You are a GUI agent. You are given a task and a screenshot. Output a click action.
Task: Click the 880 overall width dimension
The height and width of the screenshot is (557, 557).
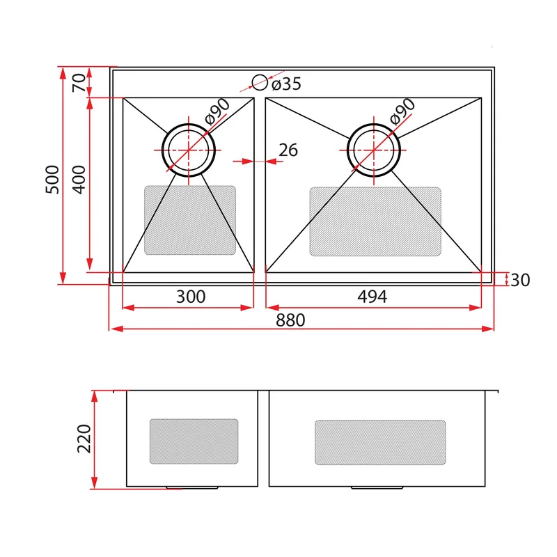coord(290,320)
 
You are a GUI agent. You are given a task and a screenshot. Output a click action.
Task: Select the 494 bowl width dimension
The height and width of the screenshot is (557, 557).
coord(372,297)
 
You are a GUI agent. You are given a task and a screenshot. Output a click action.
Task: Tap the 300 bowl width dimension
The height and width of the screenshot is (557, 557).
coord(191,297)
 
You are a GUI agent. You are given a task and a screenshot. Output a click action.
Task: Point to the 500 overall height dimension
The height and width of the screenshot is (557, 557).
coord(52,180)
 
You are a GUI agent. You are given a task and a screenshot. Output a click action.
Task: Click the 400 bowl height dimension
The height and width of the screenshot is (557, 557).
coord(79,180)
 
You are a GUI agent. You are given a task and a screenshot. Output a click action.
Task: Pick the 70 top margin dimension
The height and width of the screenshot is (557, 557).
coord(79,83)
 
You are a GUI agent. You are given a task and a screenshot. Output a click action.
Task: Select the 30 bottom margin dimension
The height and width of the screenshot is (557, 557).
coord(520,280)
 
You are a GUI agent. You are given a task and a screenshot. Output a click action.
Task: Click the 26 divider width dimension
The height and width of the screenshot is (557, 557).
coord(288,150)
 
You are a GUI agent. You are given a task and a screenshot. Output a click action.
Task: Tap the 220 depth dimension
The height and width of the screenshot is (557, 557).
coord(84,439)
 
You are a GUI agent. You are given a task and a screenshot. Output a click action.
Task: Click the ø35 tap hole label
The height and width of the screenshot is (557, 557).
coord(286,84)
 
